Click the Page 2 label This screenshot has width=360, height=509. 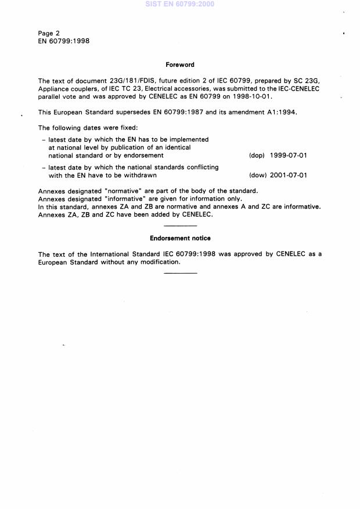(x=49, y=33)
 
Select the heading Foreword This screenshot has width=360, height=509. (x=180, y=65)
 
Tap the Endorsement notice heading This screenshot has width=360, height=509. (x=180, y=238)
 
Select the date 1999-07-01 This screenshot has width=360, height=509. (x=289, y=156)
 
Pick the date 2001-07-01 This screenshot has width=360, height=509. (x=289, y=175)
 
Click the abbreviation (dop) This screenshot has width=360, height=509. (x=257, y=156)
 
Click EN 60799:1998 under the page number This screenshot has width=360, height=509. (x=64, y=41)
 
